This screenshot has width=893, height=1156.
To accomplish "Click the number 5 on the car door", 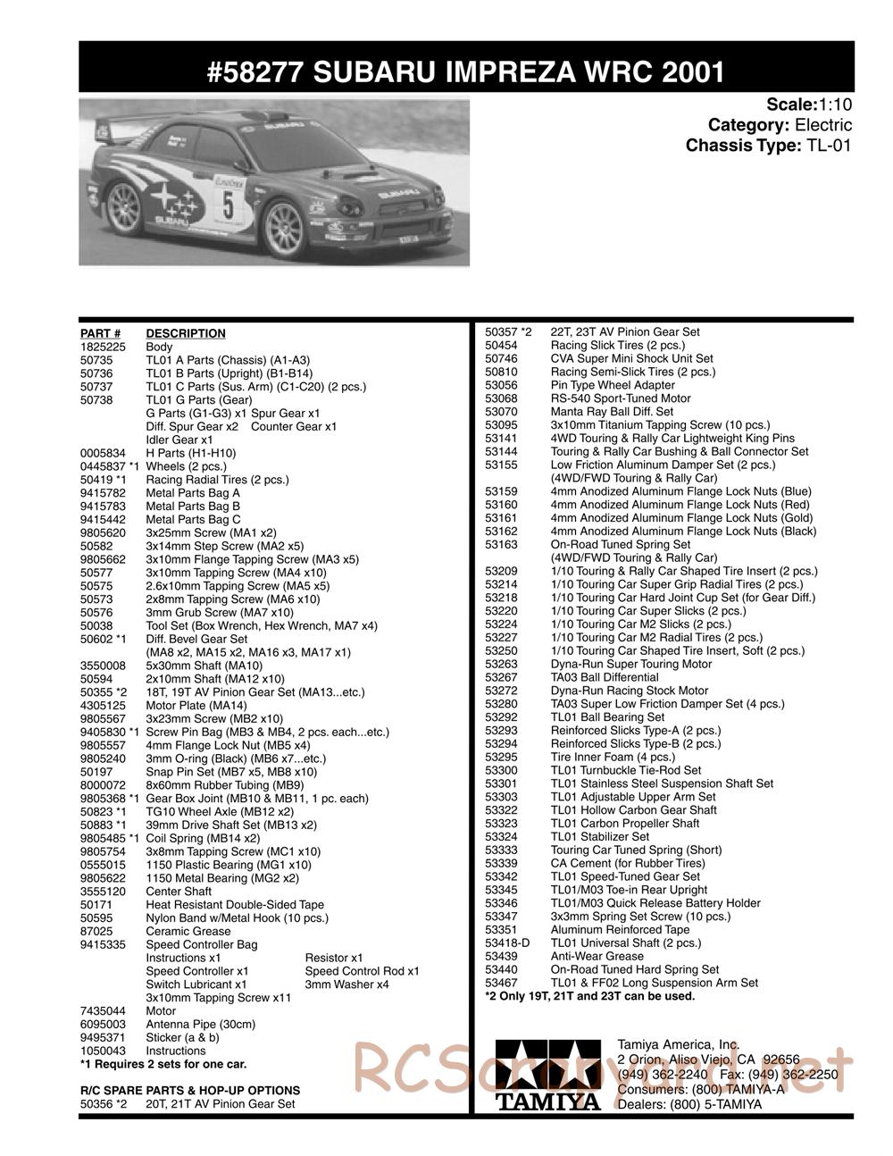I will click(229, 205).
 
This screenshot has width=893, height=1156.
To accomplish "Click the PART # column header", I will click(100, 333).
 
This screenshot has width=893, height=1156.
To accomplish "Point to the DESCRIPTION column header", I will click(186, 333).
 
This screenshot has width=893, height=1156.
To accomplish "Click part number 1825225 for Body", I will click(101, 347).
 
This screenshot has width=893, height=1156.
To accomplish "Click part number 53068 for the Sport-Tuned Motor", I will click(501, 398).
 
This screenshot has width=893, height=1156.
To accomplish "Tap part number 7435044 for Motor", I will click(101, 1011).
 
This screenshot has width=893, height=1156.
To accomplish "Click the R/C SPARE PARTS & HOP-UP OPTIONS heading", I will click(190, 1091).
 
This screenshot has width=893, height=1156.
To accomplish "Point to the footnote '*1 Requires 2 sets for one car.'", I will click(163, 1064).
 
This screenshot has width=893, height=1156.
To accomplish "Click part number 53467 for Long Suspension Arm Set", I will click(501, 983).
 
